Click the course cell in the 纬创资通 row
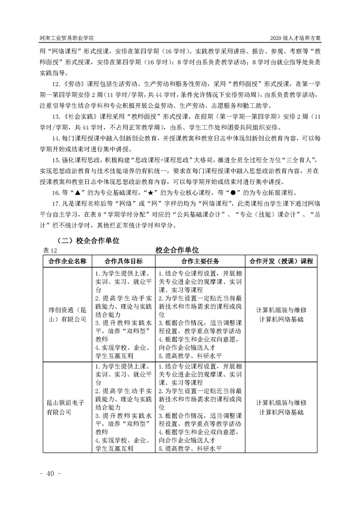click(281, 315)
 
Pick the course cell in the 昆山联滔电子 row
click(281, 407)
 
